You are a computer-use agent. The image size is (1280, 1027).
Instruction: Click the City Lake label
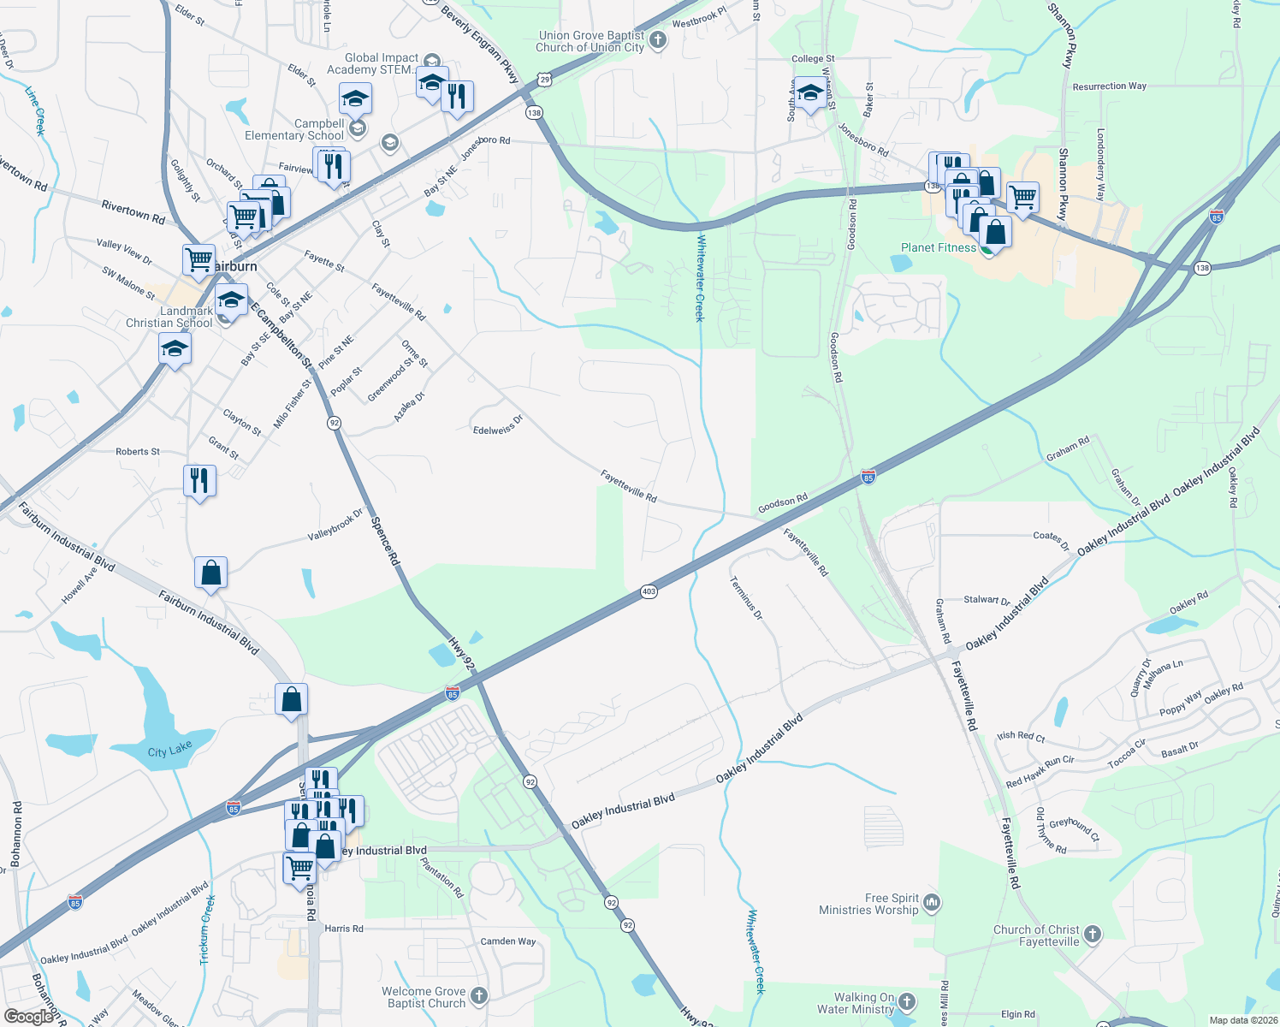pos(169,751)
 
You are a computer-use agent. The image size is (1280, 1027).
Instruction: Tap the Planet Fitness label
pos(938,248)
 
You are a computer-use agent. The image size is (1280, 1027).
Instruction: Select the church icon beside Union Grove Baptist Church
pos(658,40)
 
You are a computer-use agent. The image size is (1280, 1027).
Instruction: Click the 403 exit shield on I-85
pos(649,591)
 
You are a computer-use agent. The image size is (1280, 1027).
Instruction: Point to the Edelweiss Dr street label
pos(497,425)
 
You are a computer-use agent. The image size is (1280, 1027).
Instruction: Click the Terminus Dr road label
pos(746,597)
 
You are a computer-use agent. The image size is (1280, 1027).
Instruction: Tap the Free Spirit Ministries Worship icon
pos(933,902)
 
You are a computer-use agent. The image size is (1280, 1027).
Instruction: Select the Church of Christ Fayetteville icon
pos(1093,935)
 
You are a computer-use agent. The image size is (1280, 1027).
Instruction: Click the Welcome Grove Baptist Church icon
pos(479,995)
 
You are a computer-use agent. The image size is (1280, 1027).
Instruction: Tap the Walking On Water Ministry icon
pos(908,1001)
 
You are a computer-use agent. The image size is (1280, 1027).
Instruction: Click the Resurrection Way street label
pos(1109,86)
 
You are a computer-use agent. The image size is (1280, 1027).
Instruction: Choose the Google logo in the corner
pos(29,1016)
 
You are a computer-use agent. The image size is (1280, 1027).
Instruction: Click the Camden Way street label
pos(508,941)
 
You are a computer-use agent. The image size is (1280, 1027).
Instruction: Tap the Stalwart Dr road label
pos(987,601)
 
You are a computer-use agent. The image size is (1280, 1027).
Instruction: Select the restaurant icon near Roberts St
pos(199,481)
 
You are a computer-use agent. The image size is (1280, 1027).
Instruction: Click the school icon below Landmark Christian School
pos(175,349)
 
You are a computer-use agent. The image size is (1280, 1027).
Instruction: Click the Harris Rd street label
pos(344,929)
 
